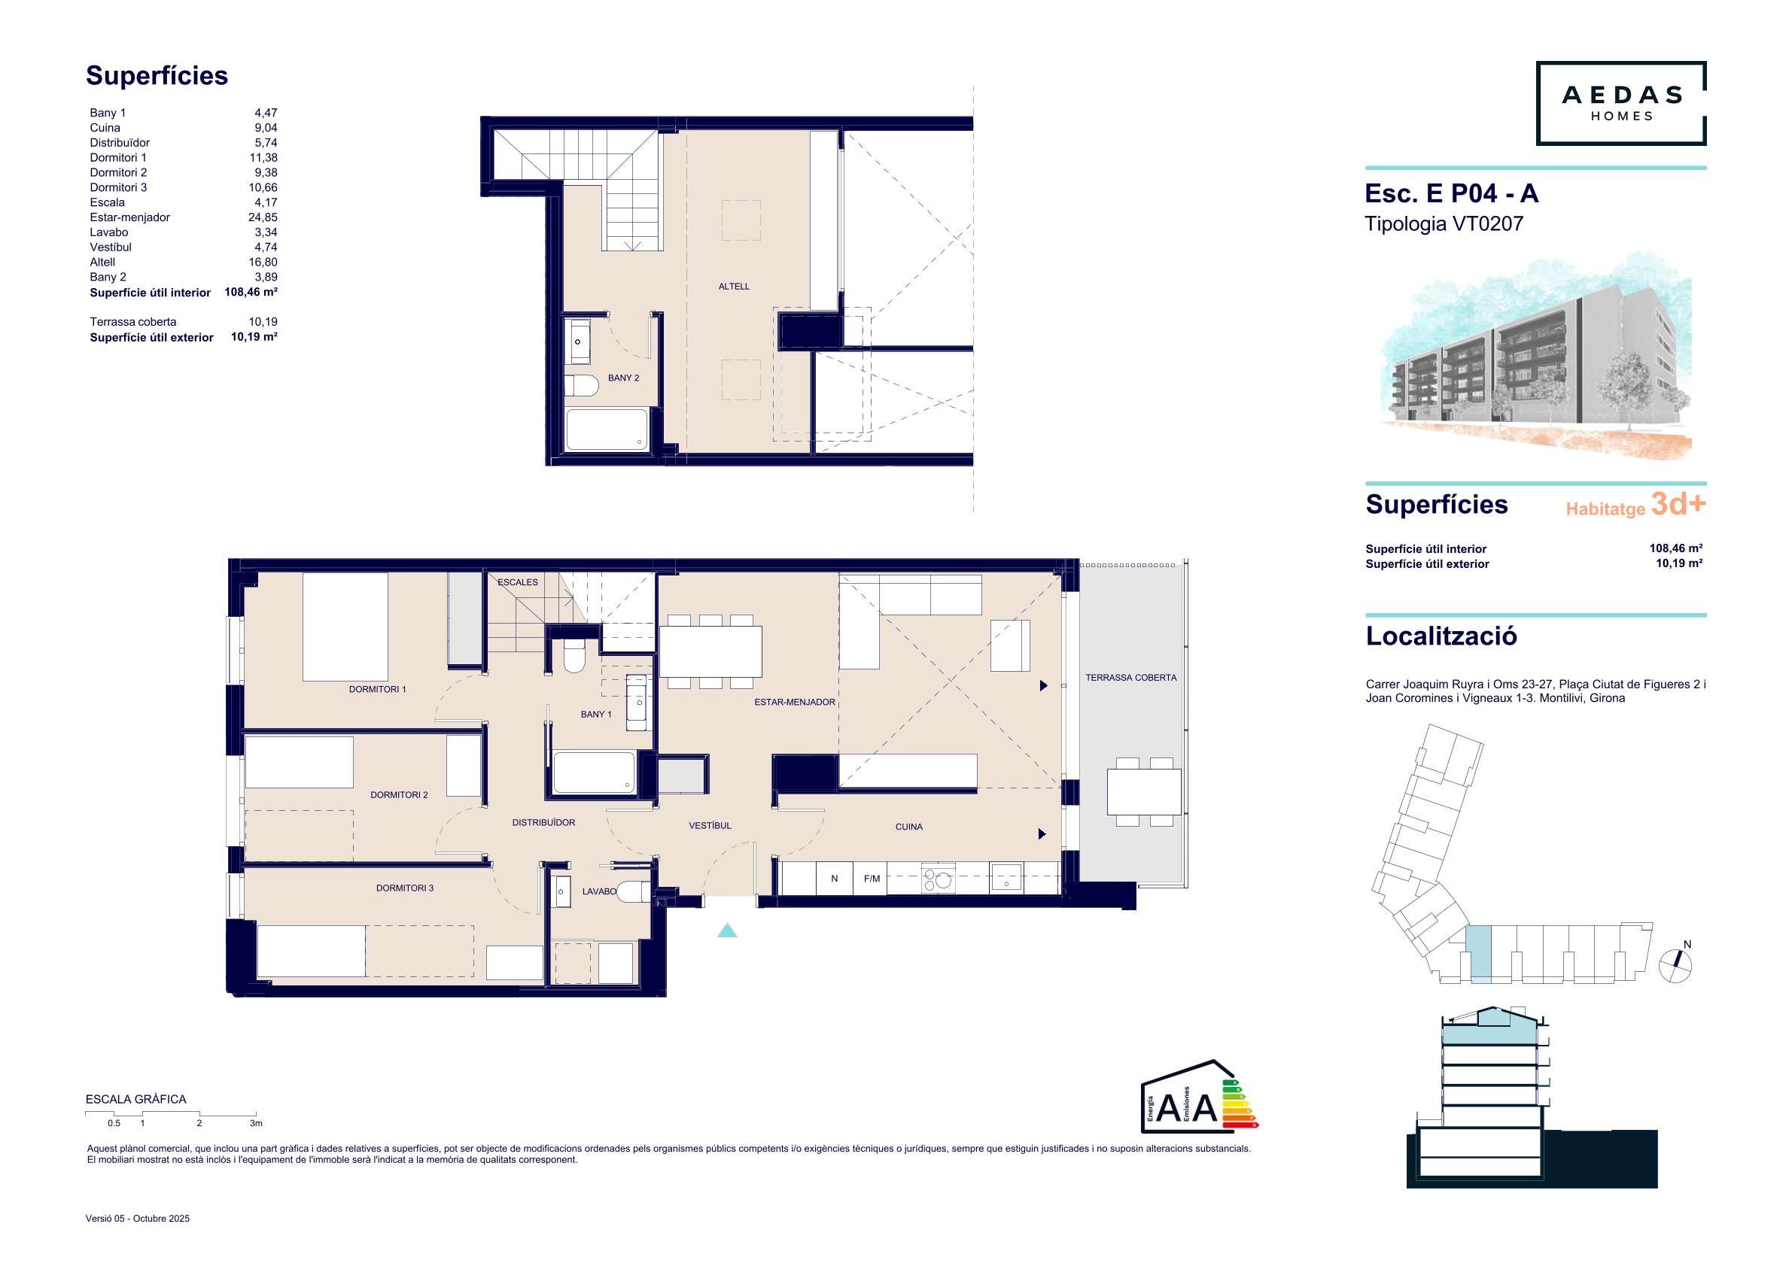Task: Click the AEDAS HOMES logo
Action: point(1620,103)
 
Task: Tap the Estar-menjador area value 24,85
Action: point(262,217)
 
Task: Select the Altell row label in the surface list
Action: point(102,262)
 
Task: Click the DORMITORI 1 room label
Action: point(377,690)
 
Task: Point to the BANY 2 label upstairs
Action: point(624,378)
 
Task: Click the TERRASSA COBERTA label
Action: point(1131,678)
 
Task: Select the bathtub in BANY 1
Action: point(594,773)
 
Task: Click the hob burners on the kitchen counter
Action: point(937,878)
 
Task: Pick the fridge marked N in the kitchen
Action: point(835,879)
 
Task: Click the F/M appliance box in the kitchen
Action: point(871,879)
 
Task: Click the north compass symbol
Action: point(1675,964)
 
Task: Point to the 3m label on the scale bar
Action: point(256,1123)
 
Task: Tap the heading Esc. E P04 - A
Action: point(1452,193)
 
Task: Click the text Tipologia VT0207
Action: point(1444,224)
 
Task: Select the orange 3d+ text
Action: point(1678,504)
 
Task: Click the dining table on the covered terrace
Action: point(1143,792)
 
